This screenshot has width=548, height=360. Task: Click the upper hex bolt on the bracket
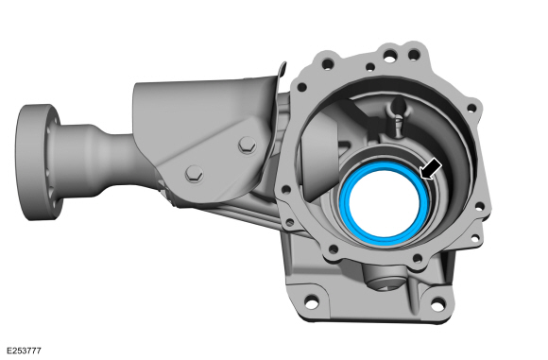(x=248, y=145)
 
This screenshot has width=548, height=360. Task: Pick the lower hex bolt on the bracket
(x=194, y=172)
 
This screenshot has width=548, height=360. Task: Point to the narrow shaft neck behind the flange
(x=99, y=151)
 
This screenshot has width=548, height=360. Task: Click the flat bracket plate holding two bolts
(x=213, y=151)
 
